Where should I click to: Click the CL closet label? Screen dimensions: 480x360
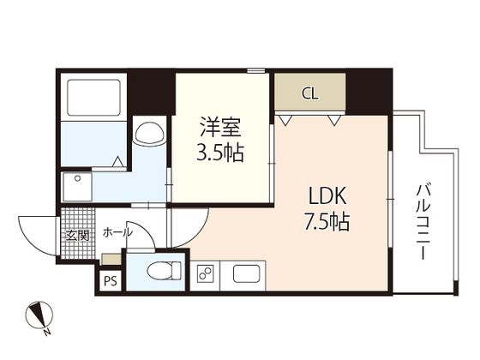(x=310, y=93)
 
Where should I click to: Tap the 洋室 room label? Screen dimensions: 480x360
(x=221, y=127)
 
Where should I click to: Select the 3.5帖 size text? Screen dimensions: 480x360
(x=220, y=153)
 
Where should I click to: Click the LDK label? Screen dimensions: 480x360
(x=327, y=195)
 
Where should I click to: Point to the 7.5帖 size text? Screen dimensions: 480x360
(x=327, y=221)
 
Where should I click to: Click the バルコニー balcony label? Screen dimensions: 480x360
(x=423, y=222)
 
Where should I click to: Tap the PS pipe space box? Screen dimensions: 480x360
(x=111, y=281)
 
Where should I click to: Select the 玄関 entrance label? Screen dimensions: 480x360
(x=78, y=236)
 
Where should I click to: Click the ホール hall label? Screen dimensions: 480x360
(x=117, y=233)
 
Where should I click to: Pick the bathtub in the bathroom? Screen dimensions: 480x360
(x=93, y=98)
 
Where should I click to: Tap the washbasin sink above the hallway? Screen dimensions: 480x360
(x=149, y=130)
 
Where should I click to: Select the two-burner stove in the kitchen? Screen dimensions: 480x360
(x=205, y=273)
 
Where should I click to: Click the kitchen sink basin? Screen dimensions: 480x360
(x=247, y=273)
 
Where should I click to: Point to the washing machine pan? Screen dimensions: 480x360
(x=77, y=187)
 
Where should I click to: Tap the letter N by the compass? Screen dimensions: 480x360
(x=46, y=333)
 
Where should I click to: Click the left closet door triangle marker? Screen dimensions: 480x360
(x=285, y=120)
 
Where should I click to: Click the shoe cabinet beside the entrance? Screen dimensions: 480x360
(x=111, y=259)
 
